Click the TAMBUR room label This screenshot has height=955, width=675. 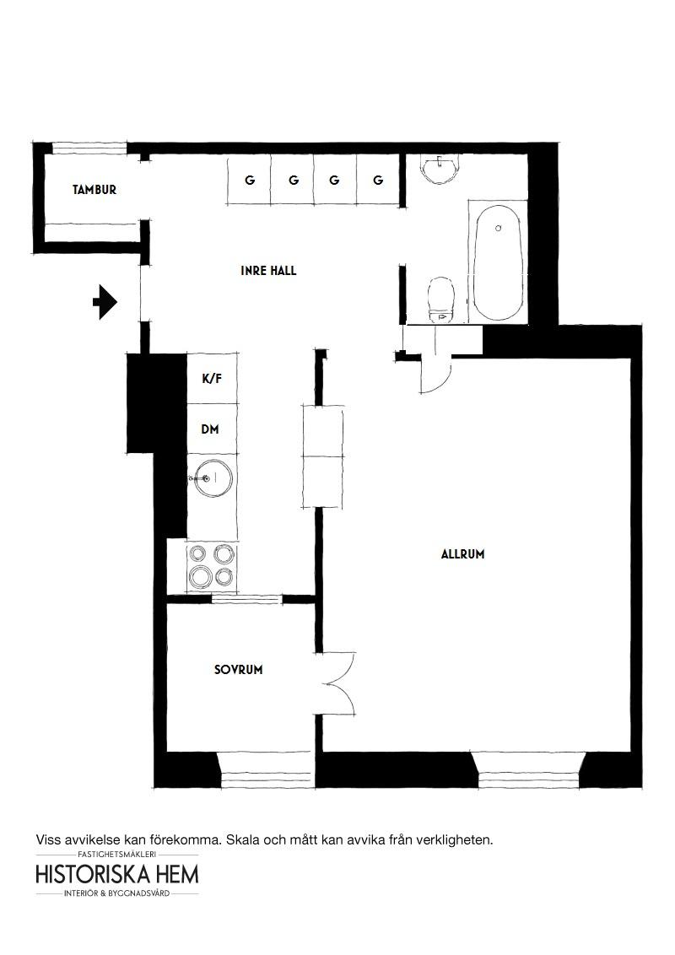click(x=94, y=190)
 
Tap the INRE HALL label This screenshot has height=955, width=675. click(x=268, y=271)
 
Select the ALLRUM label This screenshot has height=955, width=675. click(x=463, y=554)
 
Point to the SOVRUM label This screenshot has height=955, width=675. click(x=238, y=670)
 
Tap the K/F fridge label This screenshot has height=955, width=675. click(x=212, y=379)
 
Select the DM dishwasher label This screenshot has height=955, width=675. click(x=210, y=429)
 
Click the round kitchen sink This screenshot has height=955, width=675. click(x=211, y=477)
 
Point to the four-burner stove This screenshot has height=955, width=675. click(x=212, y=567)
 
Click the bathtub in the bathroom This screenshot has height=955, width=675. click(x=499, y=263)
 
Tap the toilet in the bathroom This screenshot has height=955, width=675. click(x=441, y=299)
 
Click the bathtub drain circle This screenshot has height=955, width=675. click(x=499, y=229)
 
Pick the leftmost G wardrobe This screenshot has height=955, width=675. click(x=249, y=181)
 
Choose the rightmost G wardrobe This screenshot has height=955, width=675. click(x=378, y=181)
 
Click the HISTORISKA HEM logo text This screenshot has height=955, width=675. click(x=117, y=875)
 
